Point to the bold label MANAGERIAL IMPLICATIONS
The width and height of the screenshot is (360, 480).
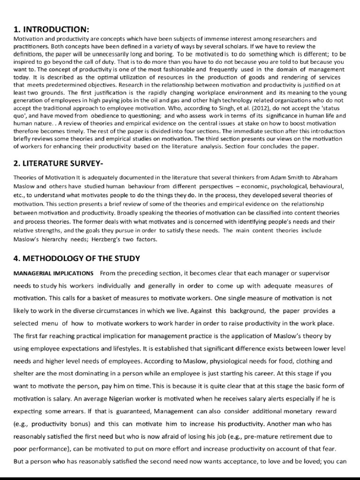pyautogui.click(x=53, y=273)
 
